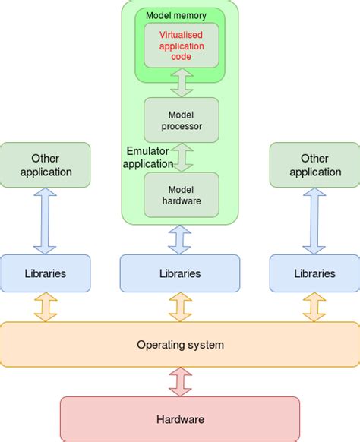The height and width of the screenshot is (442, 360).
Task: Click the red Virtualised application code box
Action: (x=181, y=45)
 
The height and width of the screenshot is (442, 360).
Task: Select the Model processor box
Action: (x=181, y=119)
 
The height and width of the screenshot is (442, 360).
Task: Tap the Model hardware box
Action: (x=181, y=194)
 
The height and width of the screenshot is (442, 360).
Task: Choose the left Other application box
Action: (x=45, y=165)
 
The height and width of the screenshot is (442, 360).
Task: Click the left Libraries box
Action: (x=45, y=273)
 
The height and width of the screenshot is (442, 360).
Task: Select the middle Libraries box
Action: (x=180, y=273)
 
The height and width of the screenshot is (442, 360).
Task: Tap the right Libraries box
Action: (x=314, y=273)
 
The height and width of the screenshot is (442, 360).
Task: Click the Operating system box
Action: (x=180, y=345)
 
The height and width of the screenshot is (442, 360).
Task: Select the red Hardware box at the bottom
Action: (x=180, y=418)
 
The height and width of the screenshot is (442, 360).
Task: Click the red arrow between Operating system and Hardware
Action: (x=180, y=381)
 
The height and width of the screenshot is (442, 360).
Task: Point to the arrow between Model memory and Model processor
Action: (x=181, y=82)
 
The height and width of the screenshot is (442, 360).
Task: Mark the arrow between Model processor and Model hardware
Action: (x=181, y=157)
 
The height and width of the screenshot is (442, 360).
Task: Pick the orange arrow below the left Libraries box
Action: (x=45, y=307)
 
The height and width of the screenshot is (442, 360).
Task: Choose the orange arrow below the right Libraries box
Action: (x=314, y=307)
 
